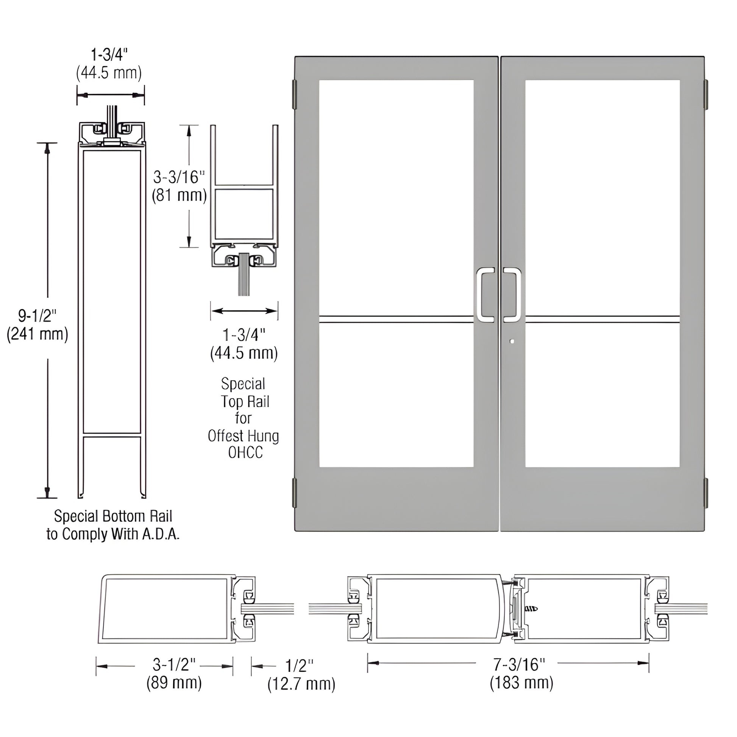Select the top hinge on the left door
coord(294,94)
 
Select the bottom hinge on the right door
coord(705,492)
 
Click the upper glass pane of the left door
coord(396,197)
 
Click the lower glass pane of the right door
coord(602,395)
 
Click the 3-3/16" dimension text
coord(178,178)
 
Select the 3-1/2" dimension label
coord(173,665)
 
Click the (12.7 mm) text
coord(301,684)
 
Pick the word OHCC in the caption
coord(245,453)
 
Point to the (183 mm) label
coord(521,683)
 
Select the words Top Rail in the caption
coord(245,402)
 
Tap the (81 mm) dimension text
coord(179,196)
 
